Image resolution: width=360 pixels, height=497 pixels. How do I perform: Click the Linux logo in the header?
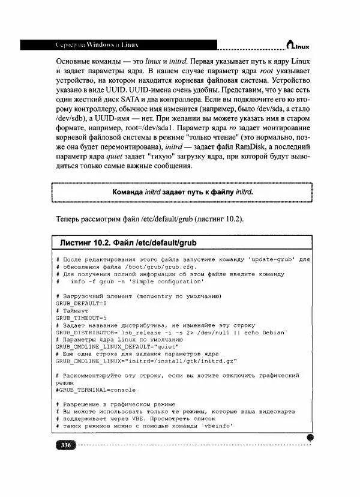click(298, 44)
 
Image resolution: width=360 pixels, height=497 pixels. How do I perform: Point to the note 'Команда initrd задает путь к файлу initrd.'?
click(183, 192)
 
